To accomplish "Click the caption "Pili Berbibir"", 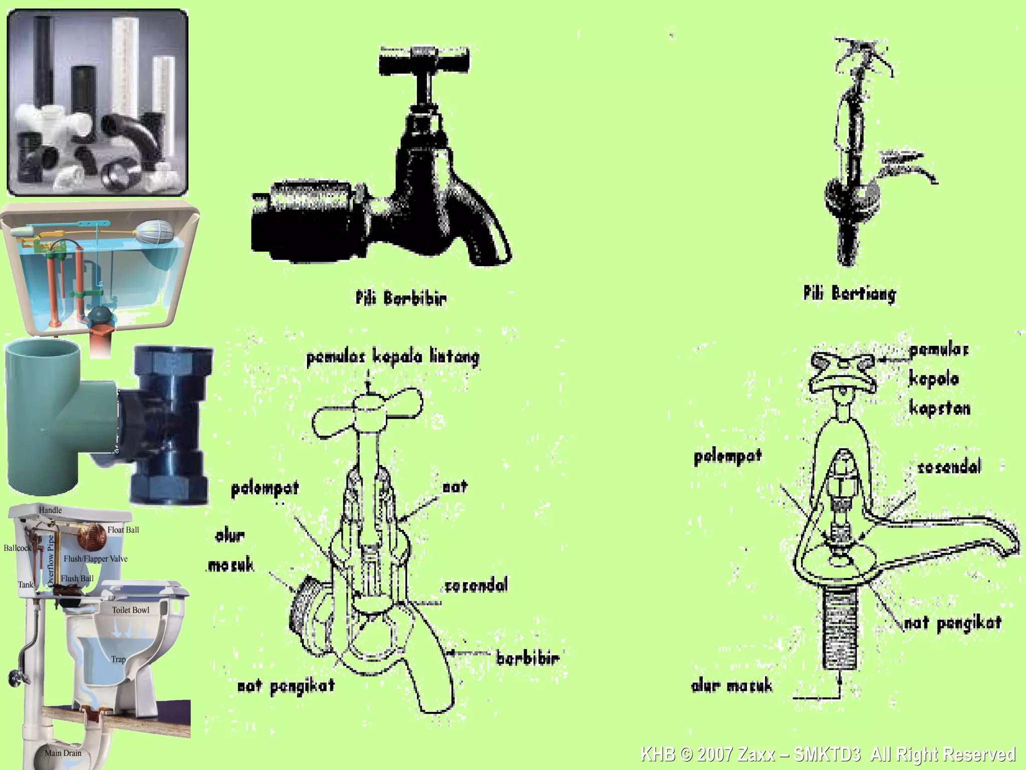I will click(401, 298).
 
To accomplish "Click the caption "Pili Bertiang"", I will click(850, 294).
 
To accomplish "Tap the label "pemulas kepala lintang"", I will click(393, 357).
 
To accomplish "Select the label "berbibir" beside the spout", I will click(528, 658).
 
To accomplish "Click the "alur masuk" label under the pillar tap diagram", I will click(732, 686).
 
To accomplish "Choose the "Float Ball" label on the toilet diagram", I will click(123, 530).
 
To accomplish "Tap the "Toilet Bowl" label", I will click(130, 610).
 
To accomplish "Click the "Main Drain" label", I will click(63, 753).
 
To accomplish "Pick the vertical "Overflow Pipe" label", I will click(50, 560).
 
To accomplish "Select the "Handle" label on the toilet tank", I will click(51, 510).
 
